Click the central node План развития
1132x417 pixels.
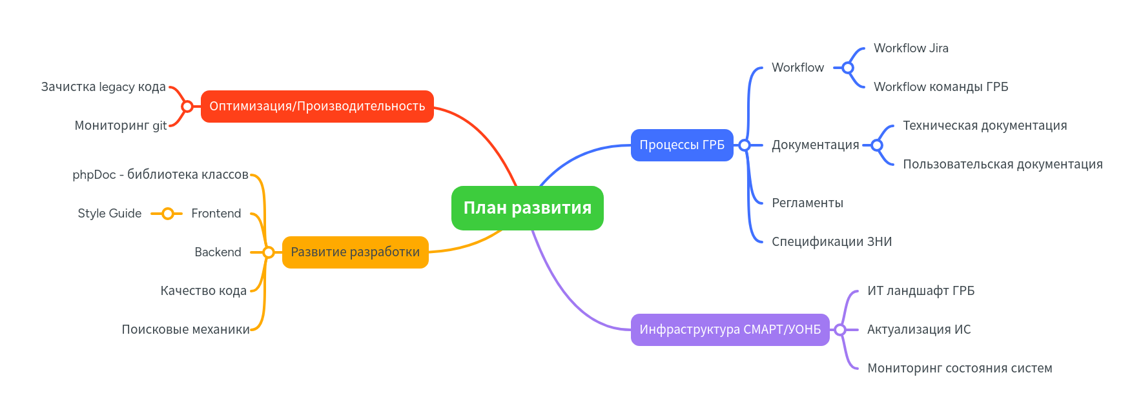pyautogui.click(x=527, y=208)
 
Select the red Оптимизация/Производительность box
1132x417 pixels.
pyautogui.click(x=317, y=107)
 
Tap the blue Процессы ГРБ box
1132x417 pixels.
pyautogui.click(x=682, y=145)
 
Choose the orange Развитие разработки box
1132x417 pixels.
pyautogui.click(x=355, y=252)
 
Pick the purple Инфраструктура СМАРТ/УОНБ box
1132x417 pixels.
pyautogui.click(x=730, y=330)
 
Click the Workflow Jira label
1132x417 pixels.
pyautogui.click(x=911, y=48)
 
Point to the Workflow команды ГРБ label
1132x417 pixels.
pyautogui.click(x=940, y=87)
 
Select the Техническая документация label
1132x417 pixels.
pyautogui.click(x=984, y=126)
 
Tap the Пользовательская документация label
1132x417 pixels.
pyautogui.click(x=1002, y=165)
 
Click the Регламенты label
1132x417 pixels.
pyautogui.click(x=807, y=203)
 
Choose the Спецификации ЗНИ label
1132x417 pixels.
pyautogui.click(x=831, y=242)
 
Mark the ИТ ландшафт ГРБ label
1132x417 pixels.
pyautogui.click(x=920, y=291)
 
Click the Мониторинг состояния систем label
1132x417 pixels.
pyautogui.click(x=959, y=369)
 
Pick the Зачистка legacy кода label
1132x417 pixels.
pyautogui.click(x=103, y=87)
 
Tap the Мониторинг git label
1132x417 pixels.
pyautogui.click(x=120, y=126)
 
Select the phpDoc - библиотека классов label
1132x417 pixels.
pyautogui.click(x=160, y=175)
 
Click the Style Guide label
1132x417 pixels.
pyautogui.click(x=109, y=214)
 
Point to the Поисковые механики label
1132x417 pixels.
pyautogui.click(x=185, y=330)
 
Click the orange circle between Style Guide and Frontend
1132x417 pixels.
pyautogui.click(x=167, y=214)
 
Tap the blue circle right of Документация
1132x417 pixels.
pyautogui.click(x=876, y=145)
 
